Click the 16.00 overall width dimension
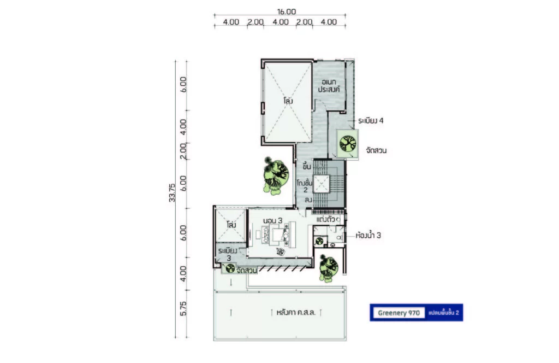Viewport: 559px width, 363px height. [286, 12]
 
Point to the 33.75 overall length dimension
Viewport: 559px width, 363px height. [172, 193]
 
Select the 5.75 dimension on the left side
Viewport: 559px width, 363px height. [183, 309]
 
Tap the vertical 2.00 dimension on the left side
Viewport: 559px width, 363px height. [183, 151]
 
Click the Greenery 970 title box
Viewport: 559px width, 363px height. [399, 313]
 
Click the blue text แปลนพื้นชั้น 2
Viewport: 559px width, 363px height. [443, 313]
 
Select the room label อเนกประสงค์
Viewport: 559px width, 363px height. [329, 86]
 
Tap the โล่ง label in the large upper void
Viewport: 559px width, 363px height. [288, 101]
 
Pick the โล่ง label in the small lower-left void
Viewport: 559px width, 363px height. [231, 225]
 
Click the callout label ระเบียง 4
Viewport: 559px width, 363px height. [371, 121]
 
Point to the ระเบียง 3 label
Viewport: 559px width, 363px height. [228, 254]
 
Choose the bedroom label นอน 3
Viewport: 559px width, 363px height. [273, 220]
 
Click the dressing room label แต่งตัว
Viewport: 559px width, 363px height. [325, 219]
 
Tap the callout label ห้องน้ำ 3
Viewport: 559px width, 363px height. [368, 235]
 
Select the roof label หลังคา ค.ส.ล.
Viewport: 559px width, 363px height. [296, 313]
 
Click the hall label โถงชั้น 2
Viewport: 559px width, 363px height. [305, 186]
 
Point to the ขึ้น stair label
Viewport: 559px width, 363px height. [307, 166]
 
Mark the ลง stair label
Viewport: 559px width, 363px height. [308, 200]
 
